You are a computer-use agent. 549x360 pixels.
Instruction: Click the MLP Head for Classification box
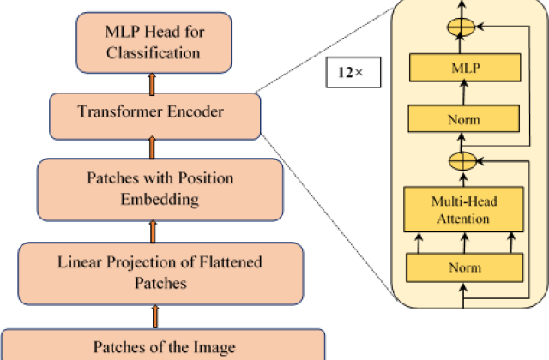click(x=154, y=42)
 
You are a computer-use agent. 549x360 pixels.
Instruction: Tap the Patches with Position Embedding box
click(x=159, y=189)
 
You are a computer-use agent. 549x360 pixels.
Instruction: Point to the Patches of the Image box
click(x=162, y=346)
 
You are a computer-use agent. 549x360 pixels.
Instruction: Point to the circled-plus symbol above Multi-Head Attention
click(x=462, y=159)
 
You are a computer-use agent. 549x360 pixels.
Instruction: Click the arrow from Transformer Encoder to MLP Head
click(x=154, y=83)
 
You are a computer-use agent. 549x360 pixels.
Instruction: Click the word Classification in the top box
click(x=154, y=52)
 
